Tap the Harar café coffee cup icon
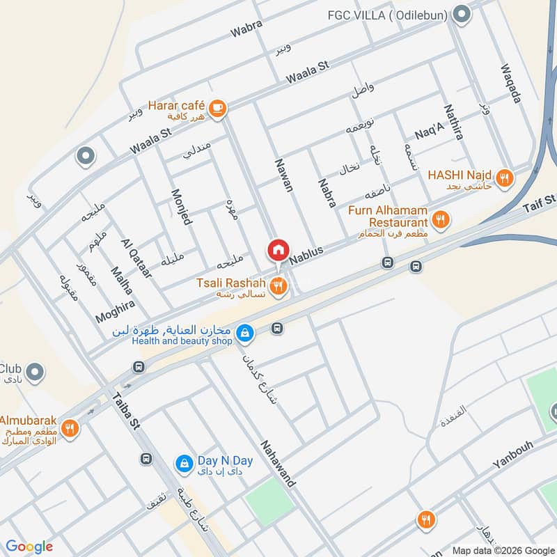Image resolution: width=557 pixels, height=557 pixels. [218, 108]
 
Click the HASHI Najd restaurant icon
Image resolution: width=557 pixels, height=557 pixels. [505, 177]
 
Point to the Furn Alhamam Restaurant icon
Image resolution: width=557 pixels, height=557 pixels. [440, 221]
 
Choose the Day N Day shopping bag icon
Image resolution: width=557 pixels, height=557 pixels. [184, 462]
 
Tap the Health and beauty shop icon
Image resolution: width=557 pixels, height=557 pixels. [244, 334]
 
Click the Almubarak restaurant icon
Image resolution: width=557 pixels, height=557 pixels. [69, 428]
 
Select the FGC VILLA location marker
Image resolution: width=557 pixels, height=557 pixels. [461, 13]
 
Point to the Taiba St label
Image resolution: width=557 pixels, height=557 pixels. [127, 414]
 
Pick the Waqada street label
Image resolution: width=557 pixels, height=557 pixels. [510, 85]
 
